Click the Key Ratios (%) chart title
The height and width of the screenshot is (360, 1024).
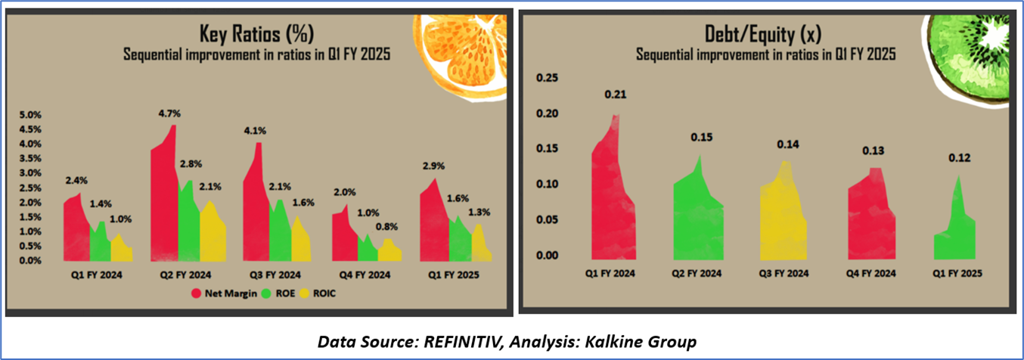coord(256,33)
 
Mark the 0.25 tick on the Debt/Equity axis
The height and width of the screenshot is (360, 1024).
coord(547,78)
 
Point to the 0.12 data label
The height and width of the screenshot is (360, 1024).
coord(959,158)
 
